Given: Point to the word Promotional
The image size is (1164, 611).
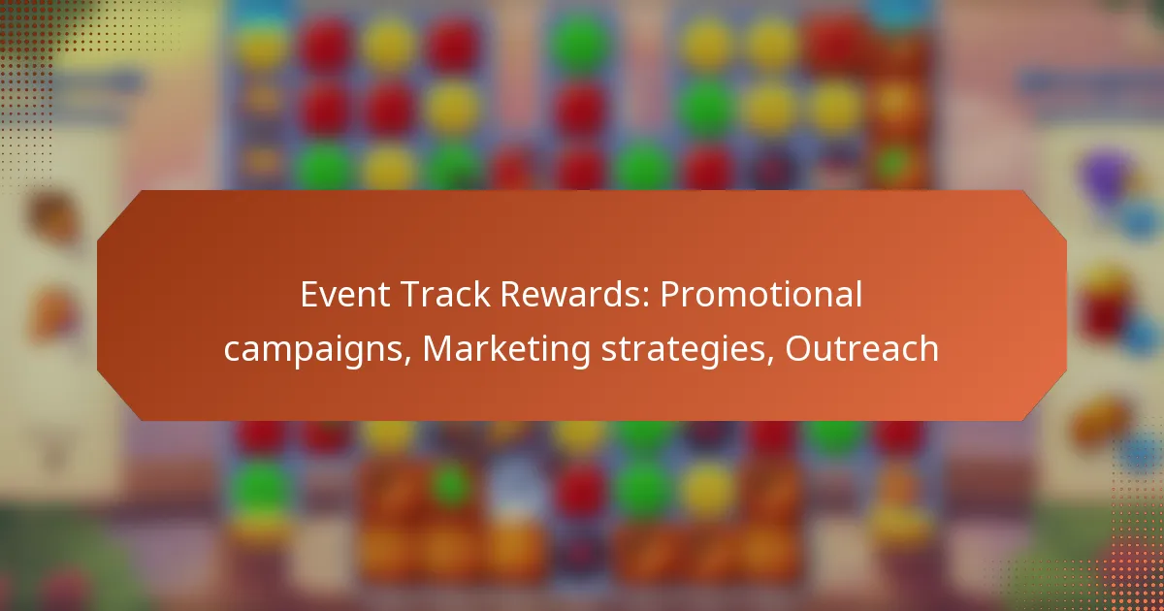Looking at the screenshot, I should point(761,295).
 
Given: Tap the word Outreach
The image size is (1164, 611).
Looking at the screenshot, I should point(861,348).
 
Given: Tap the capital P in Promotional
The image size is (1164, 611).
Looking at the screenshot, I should point(670,295).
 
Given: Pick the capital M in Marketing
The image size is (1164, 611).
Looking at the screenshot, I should point(440,348).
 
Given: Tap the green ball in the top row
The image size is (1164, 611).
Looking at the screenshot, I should point(580,43).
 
